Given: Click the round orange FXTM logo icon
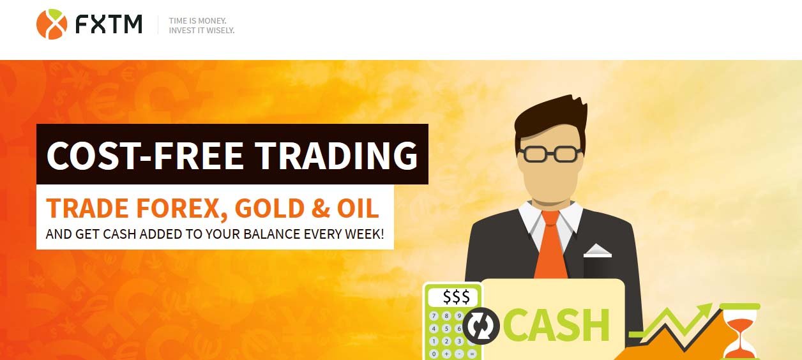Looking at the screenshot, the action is tap(52, 24).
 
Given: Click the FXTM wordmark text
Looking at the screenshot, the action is tap(109, 24).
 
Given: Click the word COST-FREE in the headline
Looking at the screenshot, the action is tap(145, 155).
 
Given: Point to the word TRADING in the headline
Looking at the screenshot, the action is tap(337, 155).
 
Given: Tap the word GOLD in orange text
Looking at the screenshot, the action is tap(269, 208).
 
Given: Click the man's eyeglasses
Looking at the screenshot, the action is tap(550, 154).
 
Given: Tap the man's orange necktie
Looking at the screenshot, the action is tap(550, 244).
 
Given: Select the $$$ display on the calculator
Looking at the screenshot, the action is tap(456, 297).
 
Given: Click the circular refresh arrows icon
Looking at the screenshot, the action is tap(481, 326).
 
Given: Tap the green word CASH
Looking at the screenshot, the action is tap(557, 325).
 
